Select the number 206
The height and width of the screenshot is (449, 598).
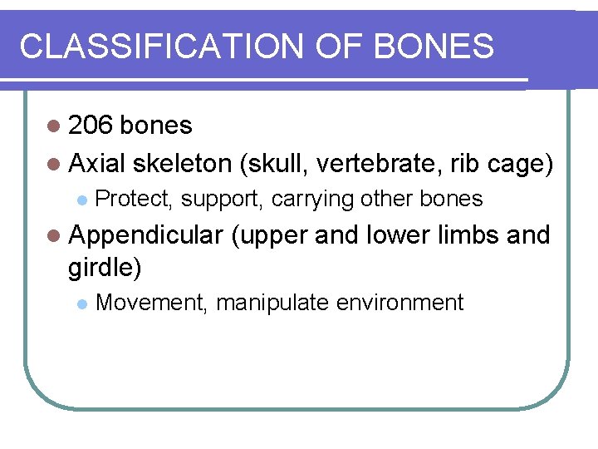click(x=92, y=126)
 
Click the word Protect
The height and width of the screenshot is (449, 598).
click(x=135, y=200)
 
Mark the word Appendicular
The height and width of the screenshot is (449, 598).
click(x=146, y=236)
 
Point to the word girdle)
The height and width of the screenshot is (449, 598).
click(x=105, y=267)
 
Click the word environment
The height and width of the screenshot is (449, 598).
click(x=399, y=303)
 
